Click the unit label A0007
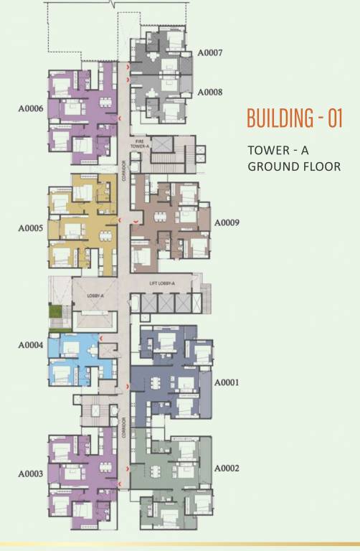pos(210,53)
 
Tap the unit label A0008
pos(210,92)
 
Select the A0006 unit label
pos(31,109)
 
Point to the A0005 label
pos(31,229)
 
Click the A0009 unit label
pos(227,222)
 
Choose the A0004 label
pos(31,345)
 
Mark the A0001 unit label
pos(227,382)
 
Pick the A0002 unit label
pos(227,468)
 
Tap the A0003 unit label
pos(31,474)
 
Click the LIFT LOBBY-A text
pos(162,284)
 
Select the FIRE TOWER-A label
pos(139,143)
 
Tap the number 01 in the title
pos(334,118)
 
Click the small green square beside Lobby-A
pos(52,311)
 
